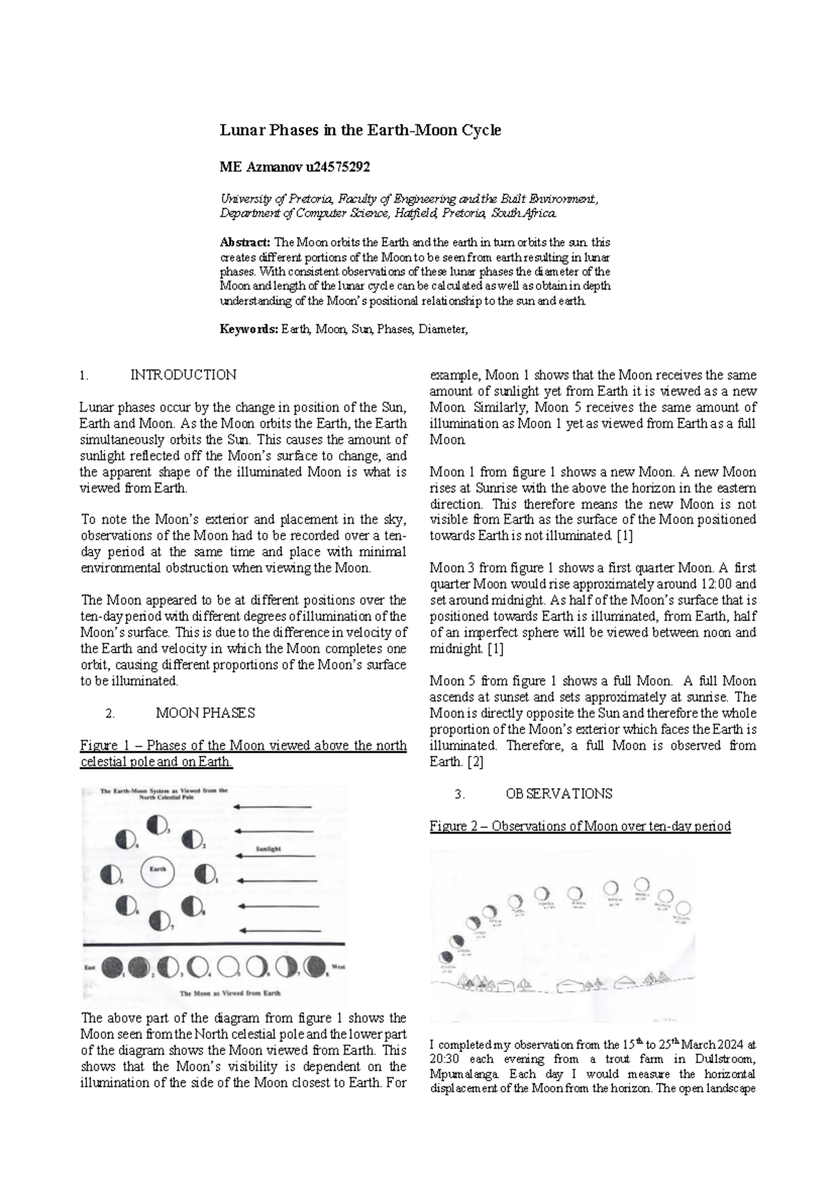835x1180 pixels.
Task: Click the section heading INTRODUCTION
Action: click(x=184, y=375)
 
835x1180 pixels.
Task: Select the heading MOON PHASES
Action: click(x=205, y=713)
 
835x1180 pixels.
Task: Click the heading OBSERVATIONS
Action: click(x=559, y=794)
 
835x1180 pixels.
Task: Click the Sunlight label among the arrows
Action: click(x=269, y=850)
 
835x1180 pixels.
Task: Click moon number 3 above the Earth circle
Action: click(x=157, y=826)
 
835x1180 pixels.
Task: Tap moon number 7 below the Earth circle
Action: click(x=160, y=920)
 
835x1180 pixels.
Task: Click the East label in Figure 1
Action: click(x=90, y=967)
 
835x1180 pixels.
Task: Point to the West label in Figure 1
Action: click(x=339, y=966)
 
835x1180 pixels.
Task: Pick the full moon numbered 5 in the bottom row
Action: click(x=228, y=967)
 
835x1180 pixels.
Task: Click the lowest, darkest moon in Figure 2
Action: click(x=443, y=957)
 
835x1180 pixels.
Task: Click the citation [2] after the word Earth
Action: click(x=475, y=762)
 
